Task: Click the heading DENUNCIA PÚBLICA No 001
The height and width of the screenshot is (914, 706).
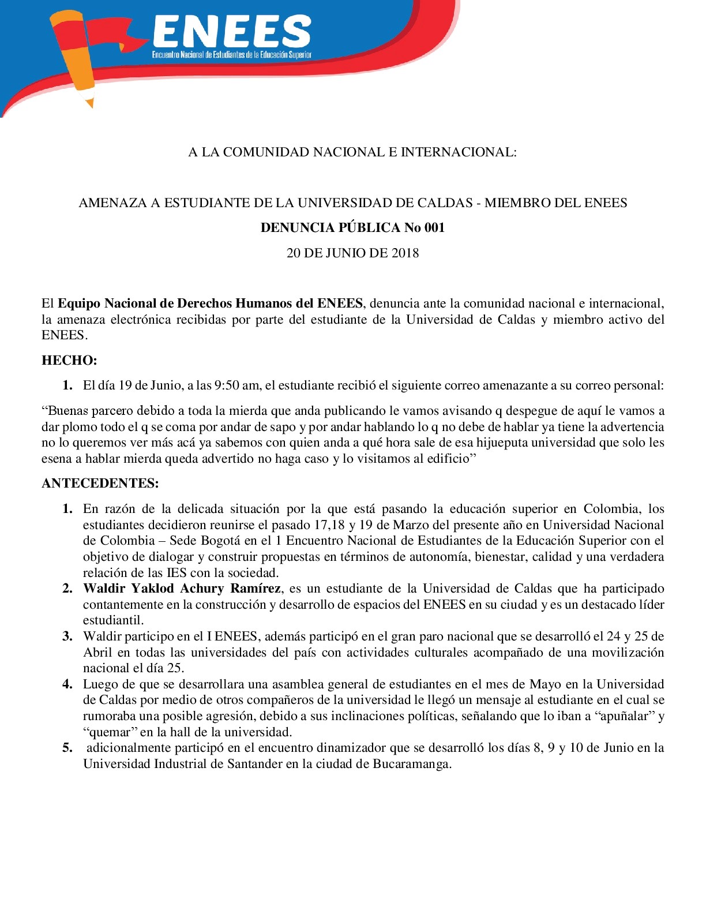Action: tap(352, 227)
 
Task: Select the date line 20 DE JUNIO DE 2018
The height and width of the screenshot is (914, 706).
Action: tap(352, 253)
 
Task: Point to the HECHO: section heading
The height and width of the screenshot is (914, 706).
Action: tap(69, 361)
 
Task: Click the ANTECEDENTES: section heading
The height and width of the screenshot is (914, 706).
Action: tap(100, 483)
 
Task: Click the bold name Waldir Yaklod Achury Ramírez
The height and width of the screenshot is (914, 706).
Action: tap(182, 589)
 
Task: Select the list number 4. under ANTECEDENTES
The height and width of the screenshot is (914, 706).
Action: tap(67, 684)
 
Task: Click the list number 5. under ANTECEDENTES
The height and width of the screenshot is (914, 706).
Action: tap(67, 748)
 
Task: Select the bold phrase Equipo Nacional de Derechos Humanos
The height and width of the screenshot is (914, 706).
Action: tap(186, 304)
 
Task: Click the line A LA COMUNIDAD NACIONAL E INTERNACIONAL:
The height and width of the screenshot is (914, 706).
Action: tap(352, 152)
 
